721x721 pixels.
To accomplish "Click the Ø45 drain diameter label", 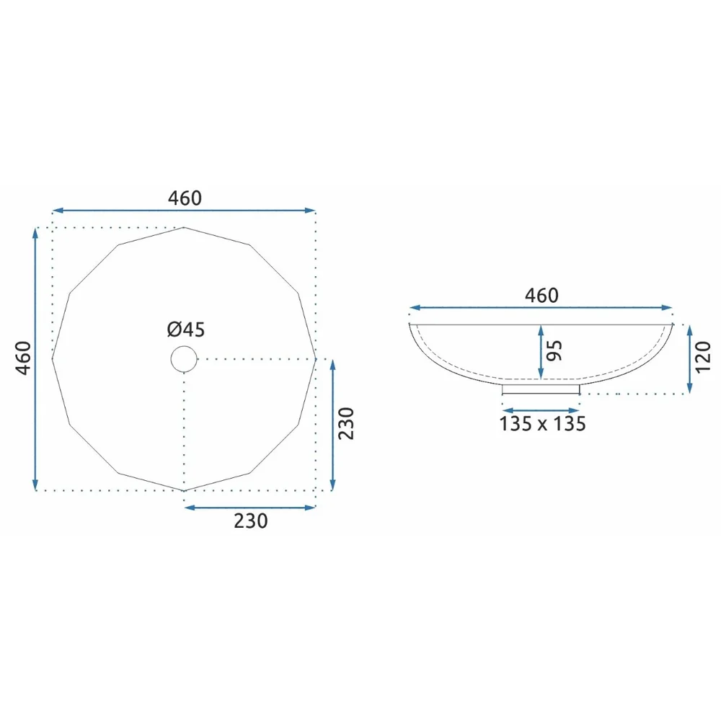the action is point(186,329).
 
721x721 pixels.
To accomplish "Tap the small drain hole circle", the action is point(184,358).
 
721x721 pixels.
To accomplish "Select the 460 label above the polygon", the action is point(185,198).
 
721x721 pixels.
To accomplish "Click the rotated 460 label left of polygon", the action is point(24,358).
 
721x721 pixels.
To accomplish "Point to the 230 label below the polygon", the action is point(251,521).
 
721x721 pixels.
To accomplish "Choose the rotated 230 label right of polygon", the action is point(346,423).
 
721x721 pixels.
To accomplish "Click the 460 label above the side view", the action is point(541,295).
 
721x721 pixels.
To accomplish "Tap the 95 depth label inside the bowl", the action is point(554,351).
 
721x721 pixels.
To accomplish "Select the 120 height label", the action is point(703,358).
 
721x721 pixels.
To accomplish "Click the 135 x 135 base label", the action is point(543,424).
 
